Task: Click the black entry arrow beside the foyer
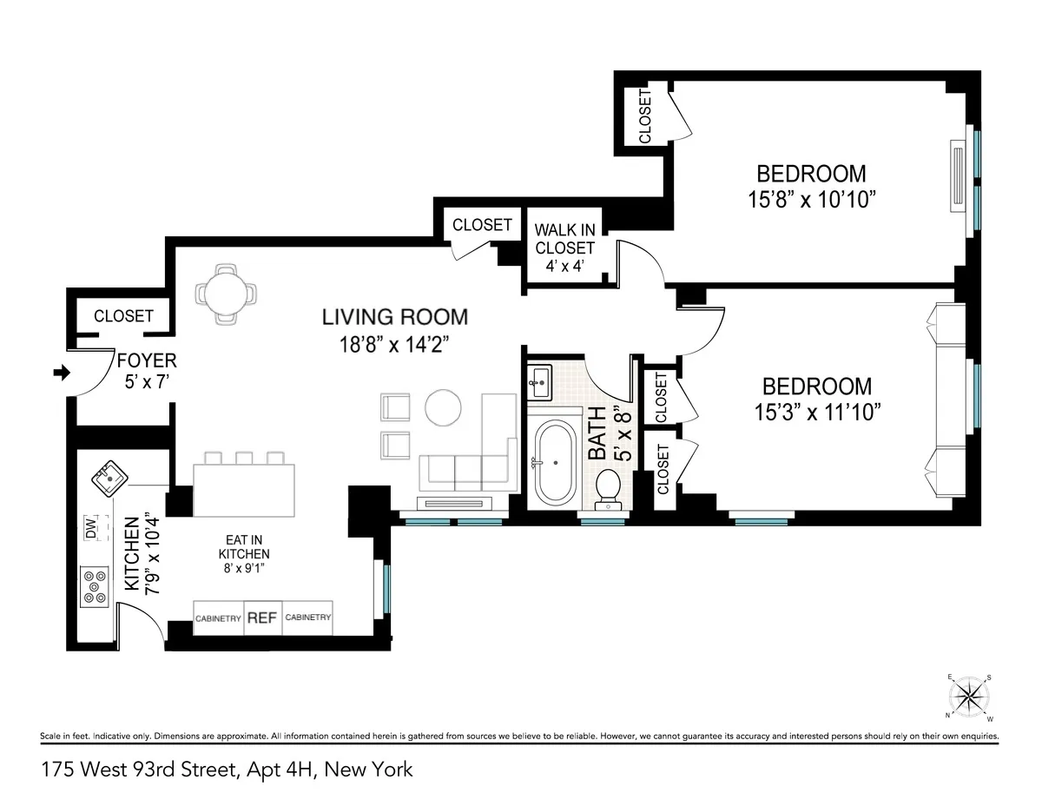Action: (61, 373)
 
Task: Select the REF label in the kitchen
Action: (262, 618)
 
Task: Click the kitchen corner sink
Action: (109, 476)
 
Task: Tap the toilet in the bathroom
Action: (608, 488)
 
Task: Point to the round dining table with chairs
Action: (226, 294)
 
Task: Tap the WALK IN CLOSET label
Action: (564, 248)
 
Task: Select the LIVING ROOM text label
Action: (395, 317)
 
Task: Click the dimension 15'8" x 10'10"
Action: (810, 199)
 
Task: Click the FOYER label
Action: (147, 360)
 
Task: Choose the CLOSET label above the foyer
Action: (123, 316)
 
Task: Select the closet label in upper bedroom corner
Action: (645, 116)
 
